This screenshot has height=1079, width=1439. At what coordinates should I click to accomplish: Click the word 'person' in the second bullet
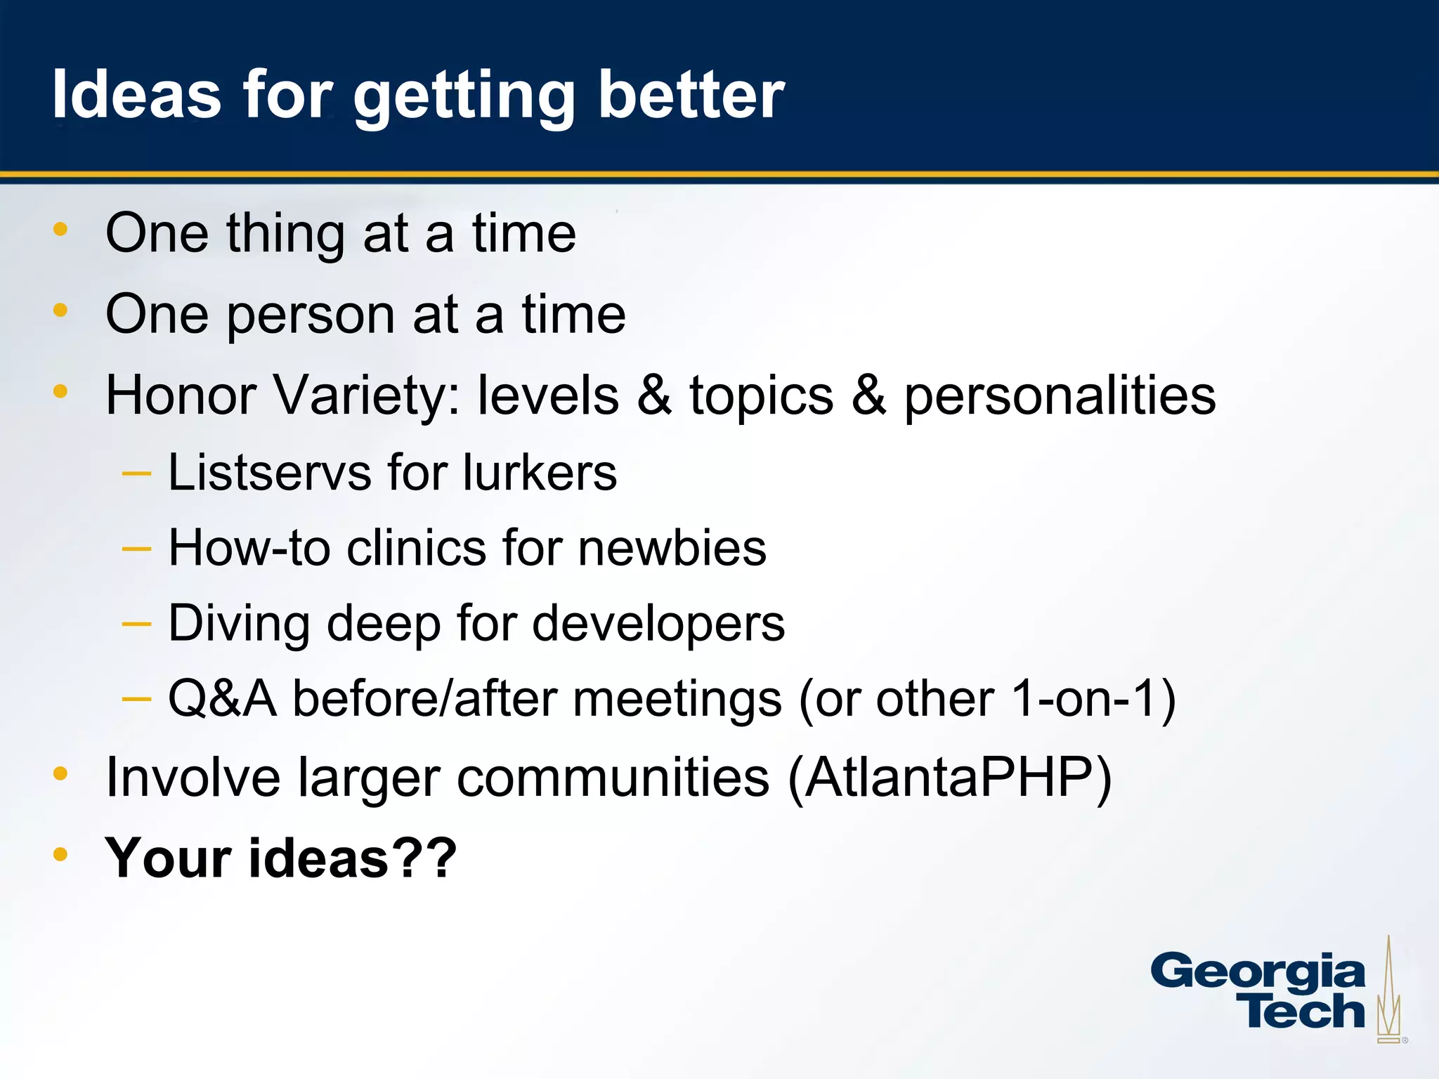click(310, 315)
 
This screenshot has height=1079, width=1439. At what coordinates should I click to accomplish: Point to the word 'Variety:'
click(366, 395)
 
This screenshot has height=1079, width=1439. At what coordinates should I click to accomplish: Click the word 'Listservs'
click(269, 472)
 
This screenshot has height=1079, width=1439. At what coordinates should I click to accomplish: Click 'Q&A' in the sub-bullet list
click(222, 699)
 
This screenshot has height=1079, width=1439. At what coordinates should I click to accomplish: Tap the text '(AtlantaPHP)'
click(949, 778)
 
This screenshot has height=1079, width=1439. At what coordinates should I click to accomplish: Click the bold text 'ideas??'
click(352, 858)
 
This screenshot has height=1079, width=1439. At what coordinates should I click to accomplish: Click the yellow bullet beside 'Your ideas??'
click(60, 854)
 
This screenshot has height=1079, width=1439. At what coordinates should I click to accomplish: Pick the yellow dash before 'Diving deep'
click(136, 623)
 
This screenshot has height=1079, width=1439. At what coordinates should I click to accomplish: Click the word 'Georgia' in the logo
click(1257, 973)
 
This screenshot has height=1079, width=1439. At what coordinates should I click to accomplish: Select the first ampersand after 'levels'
click(654, 395)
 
